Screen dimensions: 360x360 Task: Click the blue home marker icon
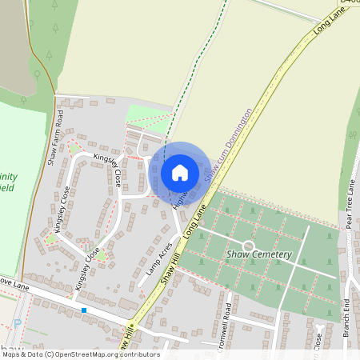coord(180,173)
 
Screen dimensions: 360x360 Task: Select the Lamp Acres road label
coord(160,261)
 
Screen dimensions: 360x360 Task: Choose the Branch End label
coord(347,315)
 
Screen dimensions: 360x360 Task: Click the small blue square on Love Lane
coord(83,309)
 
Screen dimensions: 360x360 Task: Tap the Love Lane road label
coord(13,283)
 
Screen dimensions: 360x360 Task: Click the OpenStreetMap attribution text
coord(80,354)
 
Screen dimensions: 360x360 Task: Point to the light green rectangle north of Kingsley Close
coord(149,115)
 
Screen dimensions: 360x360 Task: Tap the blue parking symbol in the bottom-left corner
coord(18,324)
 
